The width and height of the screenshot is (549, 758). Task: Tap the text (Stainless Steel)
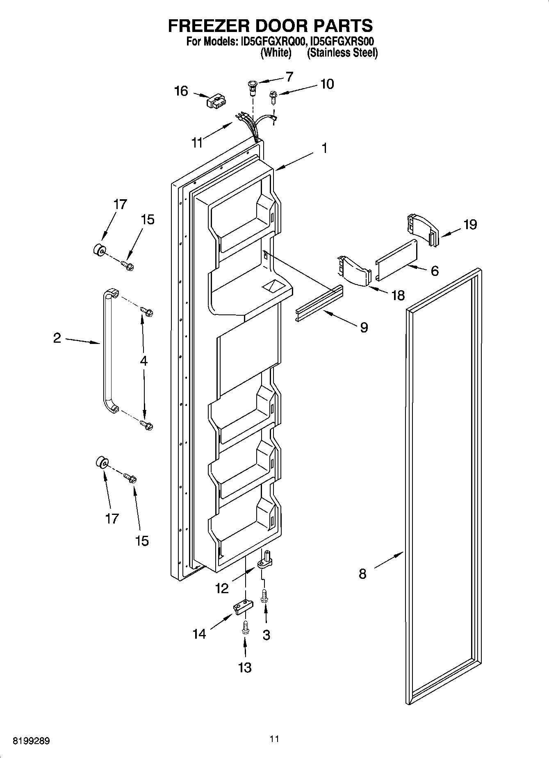click(x=342, y=53)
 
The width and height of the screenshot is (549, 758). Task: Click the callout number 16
click(x=181, y=91)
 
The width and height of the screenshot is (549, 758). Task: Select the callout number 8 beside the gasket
click(x=362, y=574)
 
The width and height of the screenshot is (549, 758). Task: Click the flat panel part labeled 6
click(x=396, y=260)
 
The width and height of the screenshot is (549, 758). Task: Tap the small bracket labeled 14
click(x=242, y=608)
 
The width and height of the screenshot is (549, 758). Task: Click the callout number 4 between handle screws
click(x=144, y=361)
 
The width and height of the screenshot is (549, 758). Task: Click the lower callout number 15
click(x=142, y=541)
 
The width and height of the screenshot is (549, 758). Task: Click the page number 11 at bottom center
click(x=274, y=739)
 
